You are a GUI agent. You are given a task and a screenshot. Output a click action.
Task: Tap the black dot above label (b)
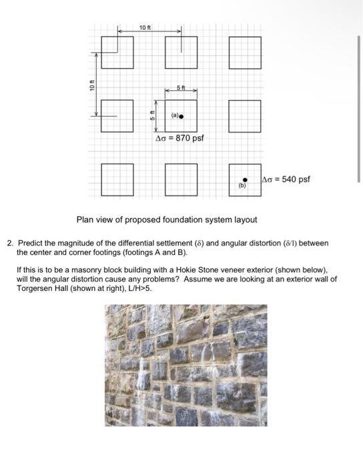tap(245, 179)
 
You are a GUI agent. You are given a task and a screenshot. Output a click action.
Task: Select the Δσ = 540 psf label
tap(286, 179)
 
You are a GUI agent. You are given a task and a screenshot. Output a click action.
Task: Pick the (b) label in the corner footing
tap(242, 187)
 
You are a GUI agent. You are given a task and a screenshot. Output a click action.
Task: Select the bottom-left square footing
tap(117, 180)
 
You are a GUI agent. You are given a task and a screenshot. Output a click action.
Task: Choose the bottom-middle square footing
tap(181, 180)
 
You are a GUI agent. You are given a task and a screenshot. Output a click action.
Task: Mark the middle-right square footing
tap(245, 116)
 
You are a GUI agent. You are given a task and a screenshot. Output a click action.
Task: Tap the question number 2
tap(9, 244)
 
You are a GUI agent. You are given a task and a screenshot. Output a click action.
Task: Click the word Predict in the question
tap(31, 244)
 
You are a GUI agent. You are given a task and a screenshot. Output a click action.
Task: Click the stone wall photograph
tap(186, 366)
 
